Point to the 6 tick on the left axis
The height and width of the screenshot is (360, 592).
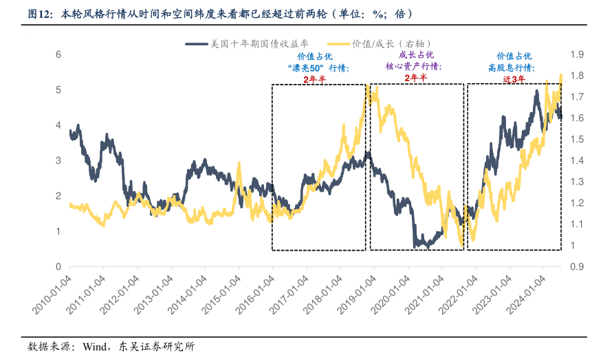pos(58,54)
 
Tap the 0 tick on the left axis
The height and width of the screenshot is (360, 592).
pos(58,267)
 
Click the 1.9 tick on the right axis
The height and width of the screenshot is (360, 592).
pos(575,54)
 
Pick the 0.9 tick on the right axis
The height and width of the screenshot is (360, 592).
pos(575,267)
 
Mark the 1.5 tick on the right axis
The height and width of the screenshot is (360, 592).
pos(575,139)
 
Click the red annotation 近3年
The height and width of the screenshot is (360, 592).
pos(514,79)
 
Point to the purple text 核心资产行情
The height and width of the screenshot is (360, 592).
pos(413,67)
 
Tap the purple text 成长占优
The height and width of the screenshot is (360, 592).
pos(416,55)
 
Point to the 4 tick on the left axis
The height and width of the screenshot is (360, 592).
pos(58,125)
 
